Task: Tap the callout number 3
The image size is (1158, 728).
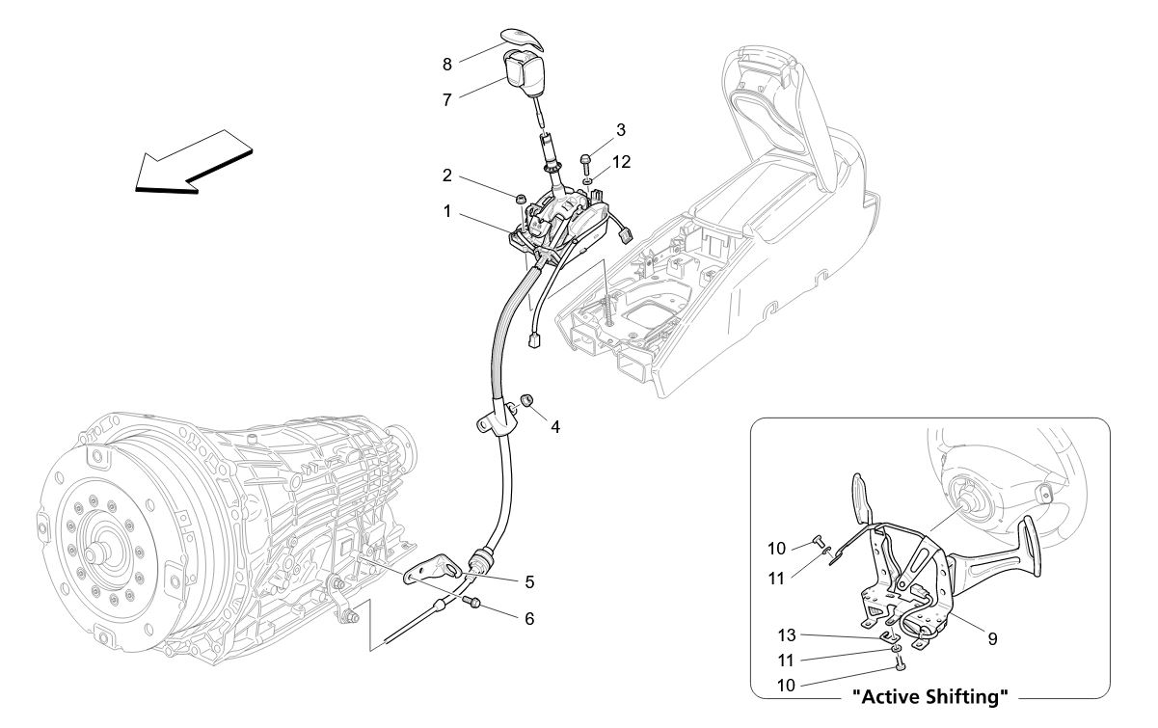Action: (621, 129)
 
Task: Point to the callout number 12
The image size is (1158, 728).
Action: (621, 162)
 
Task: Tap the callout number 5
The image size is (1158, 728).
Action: (529, 582)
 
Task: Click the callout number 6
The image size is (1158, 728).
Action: (529, 618)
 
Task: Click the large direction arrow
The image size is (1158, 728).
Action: (192, 161)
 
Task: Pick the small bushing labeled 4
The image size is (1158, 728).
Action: (526, 400)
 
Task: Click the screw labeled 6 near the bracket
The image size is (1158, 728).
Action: (473, 604)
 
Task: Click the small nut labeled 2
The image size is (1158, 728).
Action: (521, 199)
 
